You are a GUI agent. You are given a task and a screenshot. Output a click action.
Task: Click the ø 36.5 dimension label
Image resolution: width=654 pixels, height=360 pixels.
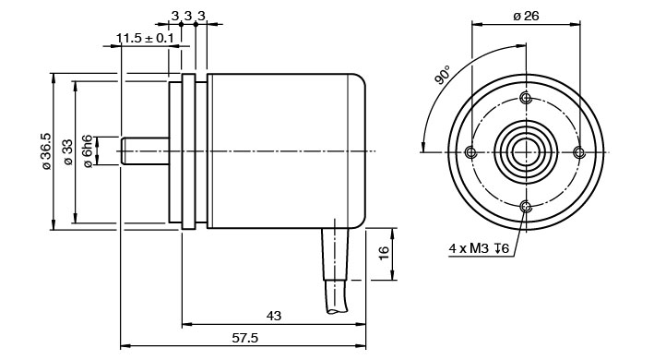pos(46,151)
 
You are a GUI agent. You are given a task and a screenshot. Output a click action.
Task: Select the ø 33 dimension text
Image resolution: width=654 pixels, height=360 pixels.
pos(68,151)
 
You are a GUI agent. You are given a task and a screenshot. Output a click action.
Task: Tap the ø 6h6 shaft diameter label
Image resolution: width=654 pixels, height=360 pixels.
pos(88,151)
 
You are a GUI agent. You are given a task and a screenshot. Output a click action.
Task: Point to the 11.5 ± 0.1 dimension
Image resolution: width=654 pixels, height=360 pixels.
pos(144,39)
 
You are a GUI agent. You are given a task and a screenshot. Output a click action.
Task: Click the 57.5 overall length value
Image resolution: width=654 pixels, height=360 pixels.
pos(244,338)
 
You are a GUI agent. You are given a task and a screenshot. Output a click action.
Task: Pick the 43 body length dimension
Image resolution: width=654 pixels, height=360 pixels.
pos(274,316)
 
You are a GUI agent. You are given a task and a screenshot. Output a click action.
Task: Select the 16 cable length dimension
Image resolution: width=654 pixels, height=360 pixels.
pos(384,253)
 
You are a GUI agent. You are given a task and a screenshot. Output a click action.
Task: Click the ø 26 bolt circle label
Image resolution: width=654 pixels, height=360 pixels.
pos(526,17)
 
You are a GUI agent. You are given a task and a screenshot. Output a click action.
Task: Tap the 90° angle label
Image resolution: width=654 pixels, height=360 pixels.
pos(442,75)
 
